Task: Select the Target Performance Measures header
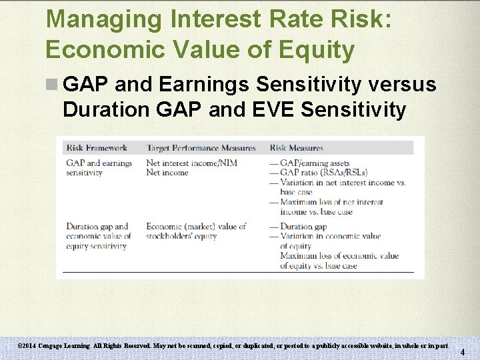(x=201, y=147)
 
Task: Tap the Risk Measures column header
(x=297, y=147)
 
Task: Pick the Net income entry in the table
(x=167, y=173)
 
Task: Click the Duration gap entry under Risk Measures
(x=303, y=227)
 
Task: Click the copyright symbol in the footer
(x=20, y=346)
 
